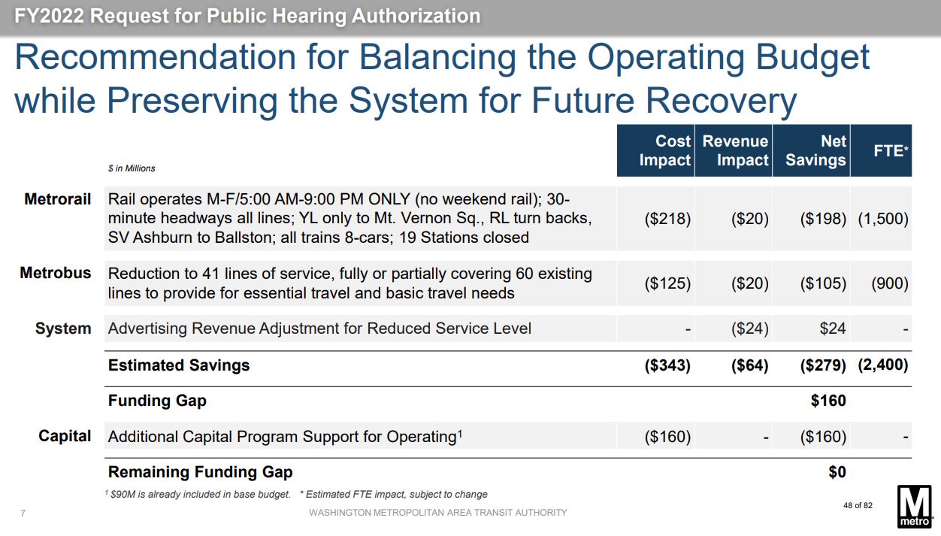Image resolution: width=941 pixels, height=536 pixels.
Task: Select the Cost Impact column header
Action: (x=664, y=150)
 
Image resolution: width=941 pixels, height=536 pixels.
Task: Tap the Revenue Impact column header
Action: (x=734, y=150)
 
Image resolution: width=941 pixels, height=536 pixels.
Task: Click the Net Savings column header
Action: (x=815, y=150)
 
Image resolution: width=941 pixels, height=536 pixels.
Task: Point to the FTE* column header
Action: (x=891, y=150)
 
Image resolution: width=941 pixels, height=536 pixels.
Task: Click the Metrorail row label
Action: (x=58, y=200)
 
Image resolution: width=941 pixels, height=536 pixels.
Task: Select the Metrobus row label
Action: (x=56, y=274)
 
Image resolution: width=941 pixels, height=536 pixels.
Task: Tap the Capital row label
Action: (x=65, y=436)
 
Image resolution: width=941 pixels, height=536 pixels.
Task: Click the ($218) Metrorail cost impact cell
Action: (x=667, y=220)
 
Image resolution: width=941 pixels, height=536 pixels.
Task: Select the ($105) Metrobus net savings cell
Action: (x=823, y=283)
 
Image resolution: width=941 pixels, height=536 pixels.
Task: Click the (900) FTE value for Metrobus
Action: (x=889, y=283)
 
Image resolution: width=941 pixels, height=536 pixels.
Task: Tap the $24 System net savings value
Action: (x=831, y=329)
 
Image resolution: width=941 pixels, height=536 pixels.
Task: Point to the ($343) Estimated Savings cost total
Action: (x=667, y=365)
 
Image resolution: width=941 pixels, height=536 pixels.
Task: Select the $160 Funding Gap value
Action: (x=828, y=401)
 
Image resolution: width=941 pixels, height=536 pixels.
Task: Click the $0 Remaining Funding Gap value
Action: (x=837, y=472)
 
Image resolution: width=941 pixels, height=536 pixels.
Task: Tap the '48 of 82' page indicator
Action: (x=858, y=505)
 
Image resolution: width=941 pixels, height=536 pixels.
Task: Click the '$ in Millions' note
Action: (x=132, y=168)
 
